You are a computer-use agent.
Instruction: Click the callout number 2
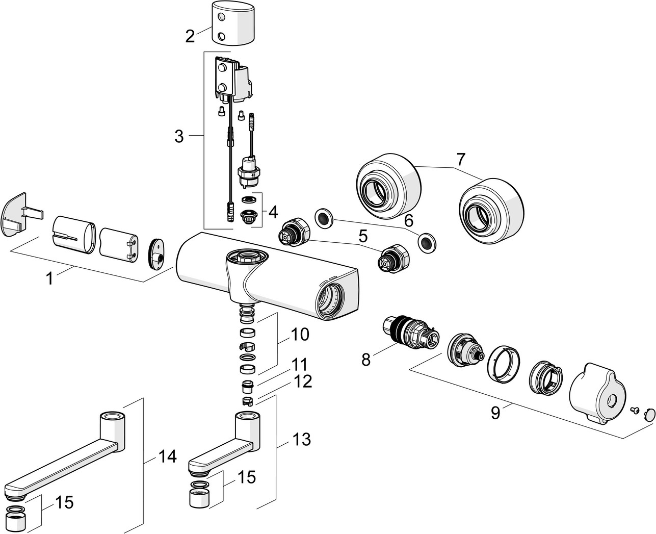[190, 36]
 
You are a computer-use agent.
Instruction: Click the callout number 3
[179, 136]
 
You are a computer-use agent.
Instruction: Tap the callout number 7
[461, 159]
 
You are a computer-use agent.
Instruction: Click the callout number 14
[167, 457]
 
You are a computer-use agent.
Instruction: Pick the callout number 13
[302, 439]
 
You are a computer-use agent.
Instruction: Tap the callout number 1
[49, 278]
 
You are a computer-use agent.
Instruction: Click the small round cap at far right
[650, 414]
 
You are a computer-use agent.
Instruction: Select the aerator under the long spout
[22, 518]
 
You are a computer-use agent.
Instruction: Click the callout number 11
[299, 365]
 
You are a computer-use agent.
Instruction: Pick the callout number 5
[362, 236]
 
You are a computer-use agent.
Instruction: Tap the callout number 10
[300, 335]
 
